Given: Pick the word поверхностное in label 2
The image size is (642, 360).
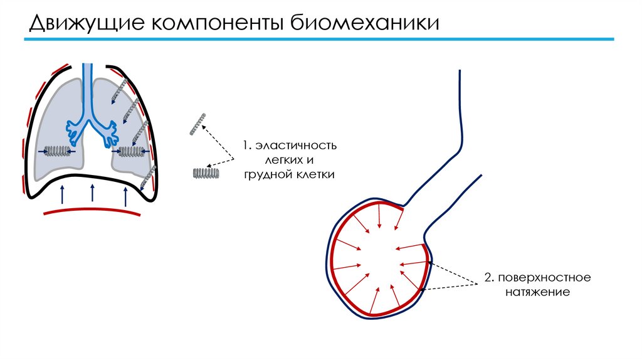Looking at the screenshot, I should click(x=543, y=277).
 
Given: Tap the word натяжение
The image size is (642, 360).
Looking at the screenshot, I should click(x=535, y=292).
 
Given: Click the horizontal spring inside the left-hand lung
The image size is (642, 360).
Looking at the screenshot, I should click(x=58, y=151).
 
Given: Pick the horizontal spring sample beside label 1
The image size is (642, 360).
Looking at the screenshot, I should click(x=205, y=173).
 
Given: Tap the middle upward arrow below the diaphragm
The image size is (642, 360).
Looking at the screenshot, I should click(x=93, y=192).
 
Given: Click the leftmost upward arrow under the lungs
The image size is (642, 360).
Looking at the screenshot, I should click(x=61, y=194).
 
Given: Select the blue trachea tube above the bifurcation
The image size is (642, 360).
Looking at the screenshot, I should click(x=88, y=82).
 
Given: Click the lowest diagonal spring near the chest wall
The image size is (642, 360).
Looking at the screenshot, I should click(x=147, y=179).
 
